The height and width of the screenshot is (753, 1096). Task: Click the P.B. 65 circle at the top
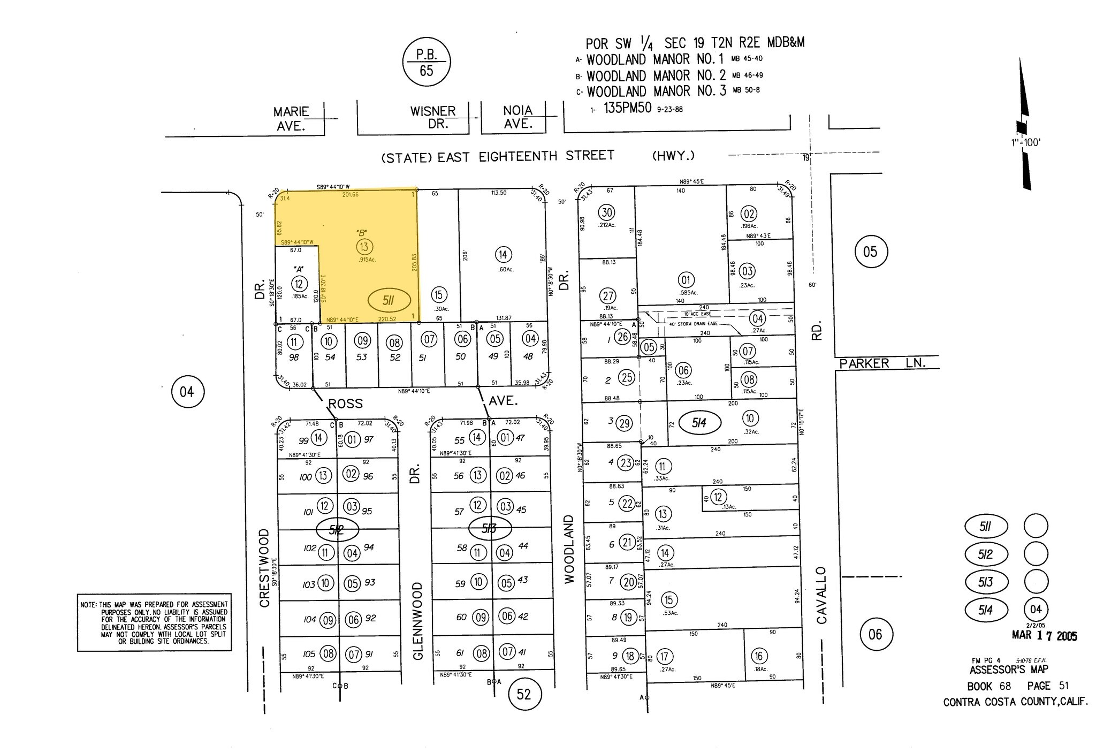pos(427,62)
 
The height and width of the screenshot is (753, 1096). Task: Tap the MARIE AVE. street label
pos(291,119)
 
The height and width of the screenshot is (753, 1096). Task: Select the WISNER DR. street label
pos(433,118)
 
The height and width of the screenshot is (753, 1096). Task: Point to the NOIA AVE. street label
pos(517,117)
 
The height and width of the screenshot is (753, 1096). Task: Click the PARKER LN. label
pos(882,363)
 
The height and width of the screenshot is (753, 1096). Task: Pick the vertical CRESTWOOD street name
pos(264,568)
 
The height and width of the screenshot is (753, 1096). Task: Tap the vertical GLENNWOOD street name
pos(418,621)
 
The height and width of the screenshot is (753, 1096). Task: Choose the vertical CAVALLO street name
pos(821,595)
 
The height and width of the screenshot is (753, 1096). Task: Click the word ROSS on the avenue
pos(345,404)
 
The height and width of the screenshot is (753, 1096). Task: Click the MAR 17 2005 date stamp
pos(1044,636)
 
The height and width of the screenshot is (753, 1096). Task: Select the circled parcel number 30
pos(607,212)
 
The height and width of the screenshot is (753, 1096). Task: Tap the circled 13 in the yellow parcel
pos(364,247)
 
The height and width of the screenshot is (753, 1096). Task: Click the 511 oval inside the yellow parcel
pos(389,301)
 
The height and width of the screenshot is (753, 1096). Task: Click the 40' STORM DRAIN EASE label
pos(691,324)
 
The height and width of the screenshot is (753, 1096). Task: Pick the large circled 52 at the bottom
pos(523,694)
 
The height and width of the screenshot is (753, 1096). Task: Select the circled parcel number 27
pos(608,296)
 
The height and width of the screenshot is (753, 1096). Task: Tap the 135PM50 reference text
pos(627,108)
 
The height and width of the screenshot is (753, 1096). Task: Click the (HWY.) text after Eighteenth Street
pos(673,156)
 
